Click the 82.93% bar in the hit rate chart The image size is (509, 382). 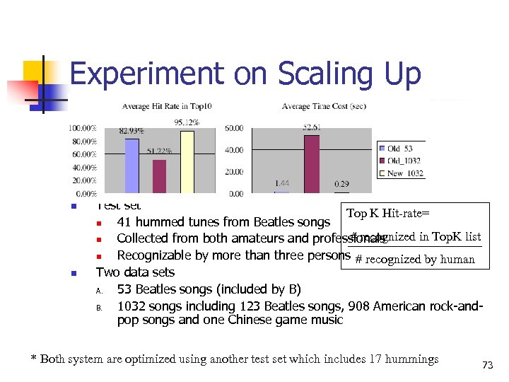[x=131, y=166]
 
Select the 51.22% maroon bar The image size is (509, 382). [x=159, y=176]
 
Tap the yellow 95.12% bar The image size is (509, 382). [x=187, y=162]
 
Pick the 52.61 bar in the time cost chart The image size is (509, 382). [x=311, y=164]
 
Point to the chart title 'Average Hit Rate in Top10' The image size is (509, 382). [x=167, y=107]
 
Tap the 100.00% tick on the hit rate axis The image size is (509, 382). [x=83, y=128]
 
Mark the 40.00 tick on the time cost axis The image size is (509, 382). [x=234, y=150]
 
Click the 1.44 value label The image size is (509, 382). [x=281, y=184]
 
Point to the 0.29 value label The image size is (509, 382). [x=341, y=184]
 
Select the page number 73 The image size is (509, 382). [x=486, y=365]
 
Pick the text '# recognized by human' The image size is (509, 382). [x=414, y=259]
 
